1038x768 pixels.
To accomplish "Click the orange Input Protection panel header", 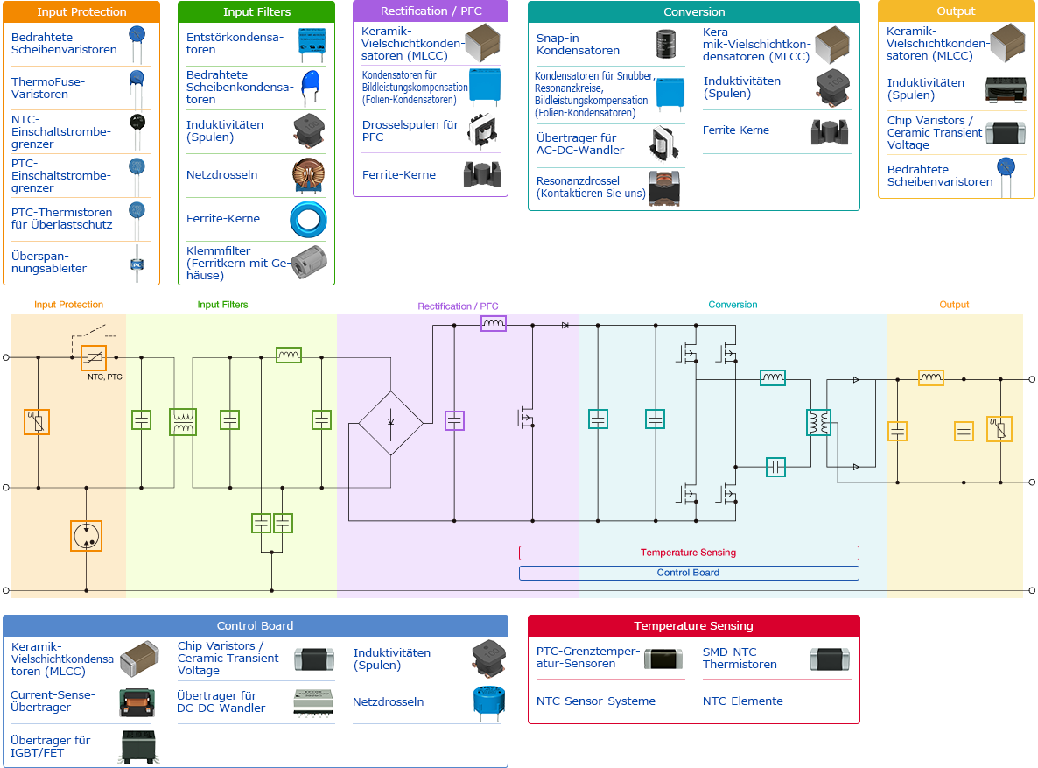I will [x=81, y=12].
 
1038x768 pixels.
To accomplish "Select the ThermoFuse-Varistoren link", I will [x=48, y=88].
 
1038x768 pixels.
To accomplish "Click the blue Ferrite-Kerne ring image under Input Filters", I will [x=308, y=219].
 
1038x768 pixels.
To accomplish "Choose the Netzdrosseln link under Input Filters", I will [x=222, y=175].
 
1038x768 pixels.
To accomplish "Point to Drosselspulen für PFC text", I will [x=410, y=130].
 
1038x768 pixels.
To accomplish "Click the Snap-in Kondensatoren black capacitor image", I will [x=670, y=45].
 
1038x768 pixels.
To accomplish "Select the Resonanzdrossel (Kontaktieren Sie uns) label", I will [x=591, y=187].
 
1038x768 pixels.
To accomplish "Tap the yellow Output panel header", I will [x=956, y=11].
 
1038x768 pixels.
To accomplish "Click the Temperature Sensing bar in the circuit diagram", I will [x=689, y=553].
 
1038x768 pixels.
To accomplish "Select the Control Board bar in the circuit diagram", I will [x=689, y=573].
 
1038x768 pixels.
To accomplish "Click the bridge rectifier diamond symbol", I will [x=390, y=423].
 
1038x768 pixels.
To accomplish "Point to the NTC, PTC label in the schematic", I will [x=105, y=377].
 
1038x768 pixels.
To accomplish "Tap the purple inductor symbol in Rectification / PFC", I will [x=494, y=324].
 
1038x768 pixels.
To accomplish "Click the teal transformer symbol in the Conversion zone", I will [x=818, y=423].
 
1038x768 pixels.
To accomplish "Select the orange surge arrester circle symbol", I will [x=86, y=535].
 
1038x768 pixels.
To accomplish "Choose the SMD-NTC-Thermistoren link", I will [x=740, y=658].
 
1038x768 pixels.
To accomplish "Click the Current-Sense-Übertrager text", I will [x=40, y=701].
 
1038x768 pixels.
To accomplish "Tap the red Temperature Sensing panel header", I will [x=693, y=626].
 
